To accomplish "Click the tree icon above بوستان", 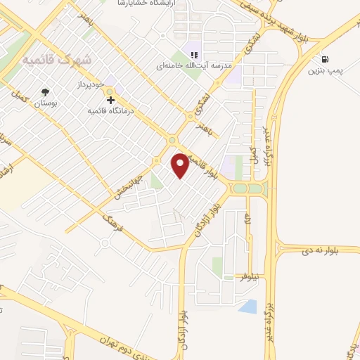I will [x=46, y=91].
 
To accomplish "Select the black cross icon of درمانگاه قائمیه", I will [x=109, y=100].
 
